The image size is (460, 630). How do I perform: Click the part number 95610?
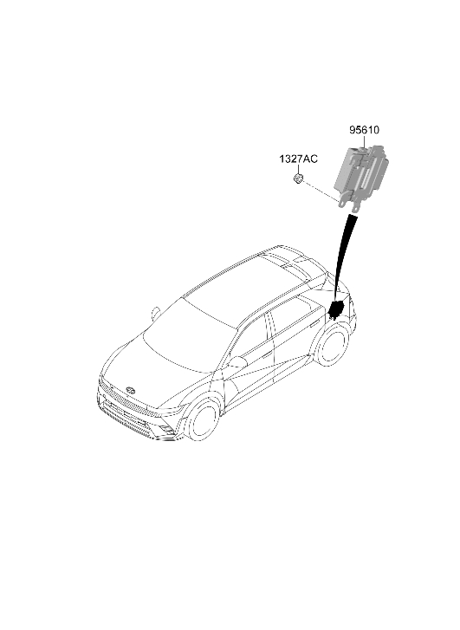point(364,130)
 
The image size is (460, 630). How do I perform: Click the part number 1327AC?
point(298,159)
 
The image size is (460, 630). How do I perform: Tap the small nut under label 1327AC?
point(298,179)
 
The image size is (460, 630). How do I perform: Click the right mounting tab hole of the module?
point(356,209)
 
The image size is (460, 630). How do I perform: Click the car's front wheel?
point(203,420)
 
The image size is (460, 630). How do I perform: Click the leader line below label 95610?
point(363,143)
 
